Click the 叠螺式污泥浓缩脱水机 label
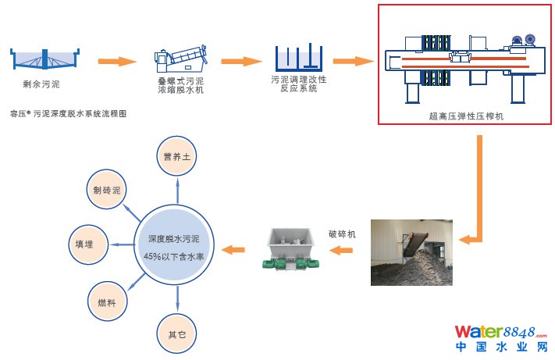point(180,84)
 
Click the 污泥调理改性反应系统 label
point(298,84)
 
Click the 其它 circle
point(177,334)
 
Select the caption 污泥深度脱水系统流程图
point(74,113)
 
